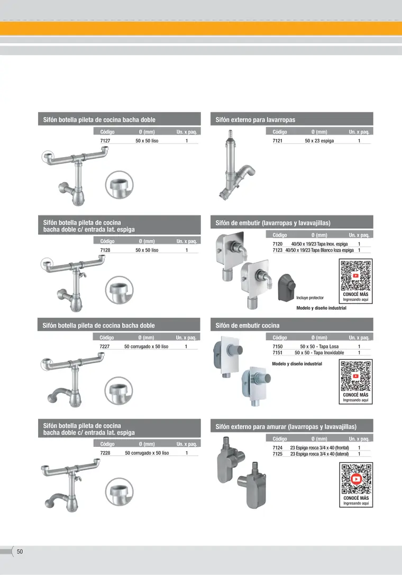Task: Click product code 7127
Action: pos(105,141)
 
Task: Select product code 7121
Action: pos(277,141)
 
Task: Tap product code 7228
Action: pos(105,453)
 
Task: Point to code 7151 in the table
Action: pos(277,353)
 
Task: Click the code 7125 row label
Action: pos(277,454)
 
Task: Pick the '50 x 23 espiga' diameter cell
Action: pos(319,141)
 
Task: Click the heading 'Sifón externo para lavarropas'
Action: pos(255,120)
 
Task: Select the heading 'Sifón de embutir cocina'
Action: pos(248,326)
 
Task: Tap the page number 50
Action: pos(20,552)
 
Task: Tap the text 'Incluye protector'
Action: pos(310,298)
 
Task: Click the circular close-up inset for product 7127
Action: pos(120,185)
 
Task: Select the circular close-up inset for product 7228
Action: pos(120,492)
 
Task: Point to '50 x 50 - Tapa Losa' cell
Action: pos(319,347)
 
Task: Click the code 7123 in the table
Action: pos(277,250)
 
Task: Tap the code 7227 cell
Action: pos(104,347)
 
